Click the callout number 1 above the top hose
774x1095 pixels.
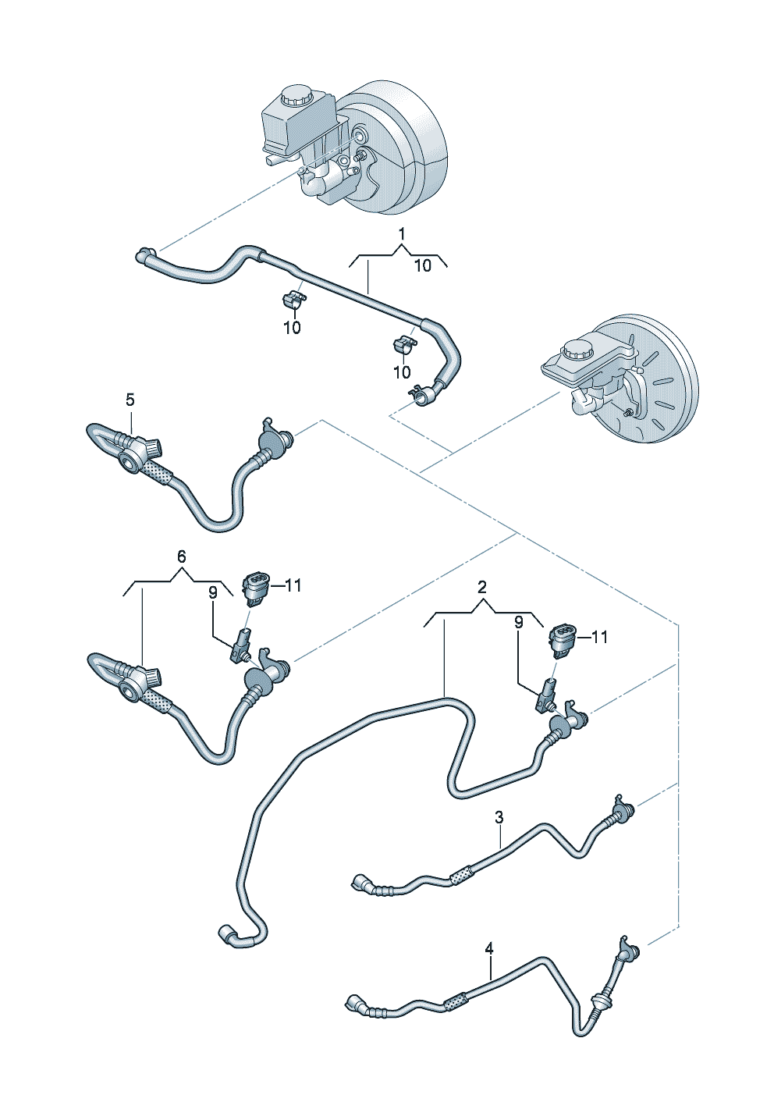402,233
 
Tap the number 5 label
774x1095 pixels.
130,400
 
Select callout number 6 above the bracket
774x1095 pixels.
181,556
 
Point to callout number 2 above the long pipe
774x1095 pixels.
482,587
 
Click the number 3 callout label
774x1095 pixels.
499,817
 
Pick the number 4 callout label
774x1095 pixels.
489,948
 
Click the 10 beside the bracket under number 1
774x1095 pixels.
422,265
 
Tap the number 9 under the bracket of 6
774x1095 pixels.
212,593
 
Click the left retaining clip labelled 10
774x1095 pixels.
292,298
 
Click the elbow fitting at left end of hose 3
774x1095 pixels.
361,883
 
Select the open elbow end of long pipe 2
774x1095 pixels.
226,933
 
